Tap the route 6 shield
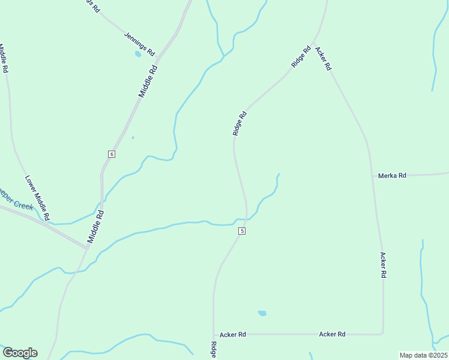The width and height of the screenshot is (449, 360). click(112, 154)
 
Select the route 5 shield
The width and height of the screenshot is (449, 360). click(242, 231)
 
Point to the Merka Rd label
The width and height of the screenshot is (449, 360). click(392, 176)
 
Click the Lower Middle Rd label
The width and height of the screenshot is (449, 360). click(37, 197)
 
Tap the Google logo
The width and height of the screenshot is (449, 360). click(20, 353)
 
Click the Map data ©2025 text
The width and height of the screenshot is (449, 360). click(423, 355)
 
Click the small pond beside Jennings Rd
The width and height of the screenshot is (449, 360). click(138, 54)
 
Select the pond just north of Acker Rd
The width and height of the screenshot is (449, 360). click(262, 313)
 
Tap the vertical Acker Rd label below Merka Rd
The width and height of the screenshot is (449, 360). click(383, 265)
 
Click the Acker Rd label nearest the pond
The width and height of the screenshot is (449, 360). click(233, 334)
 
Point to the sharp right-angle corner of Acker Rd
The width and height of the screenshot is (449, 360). click(383, 332)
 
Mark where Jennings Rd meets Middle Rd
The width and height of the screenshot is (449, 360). click(156, 58)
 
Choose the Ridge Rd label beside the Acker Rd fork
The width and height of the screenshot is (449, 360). click(300, 56)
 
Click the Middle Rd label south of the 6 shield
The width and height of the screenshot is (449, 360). click(96, 226)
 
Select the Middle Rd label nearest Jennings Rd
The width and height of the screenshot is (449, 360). click(148, 81)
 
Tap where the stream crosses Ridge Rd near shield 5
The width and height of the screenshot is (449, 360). click(246, 220)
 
